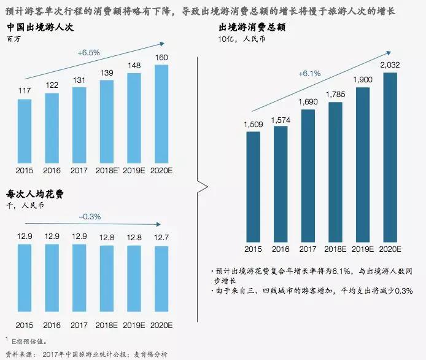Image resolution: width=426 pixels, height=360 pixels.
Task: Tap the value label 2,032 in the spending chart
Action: point(390,65)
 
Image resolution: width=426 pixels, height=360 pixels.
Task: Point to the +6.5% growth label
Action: point(88,53)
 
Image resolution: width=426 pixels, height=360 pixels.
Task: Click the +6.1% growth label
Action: point(309,74)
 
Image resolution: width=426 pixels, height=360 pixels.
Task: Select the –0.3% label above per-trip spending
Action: point(90,217)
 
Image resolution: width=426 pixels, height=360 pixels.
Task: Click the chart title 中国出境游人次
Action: point(37,28)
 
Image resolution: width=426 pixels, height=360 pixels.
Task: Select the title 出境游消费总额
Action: point(252,28)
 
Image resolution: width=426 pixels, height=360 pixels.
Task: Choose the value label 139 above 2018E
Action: point(106,73)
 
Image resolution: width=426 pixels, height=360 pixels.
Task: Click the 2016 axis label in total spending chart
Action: point(280,249)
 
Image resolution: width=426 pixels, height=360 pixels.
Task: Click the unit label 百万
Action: point(13,39)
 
